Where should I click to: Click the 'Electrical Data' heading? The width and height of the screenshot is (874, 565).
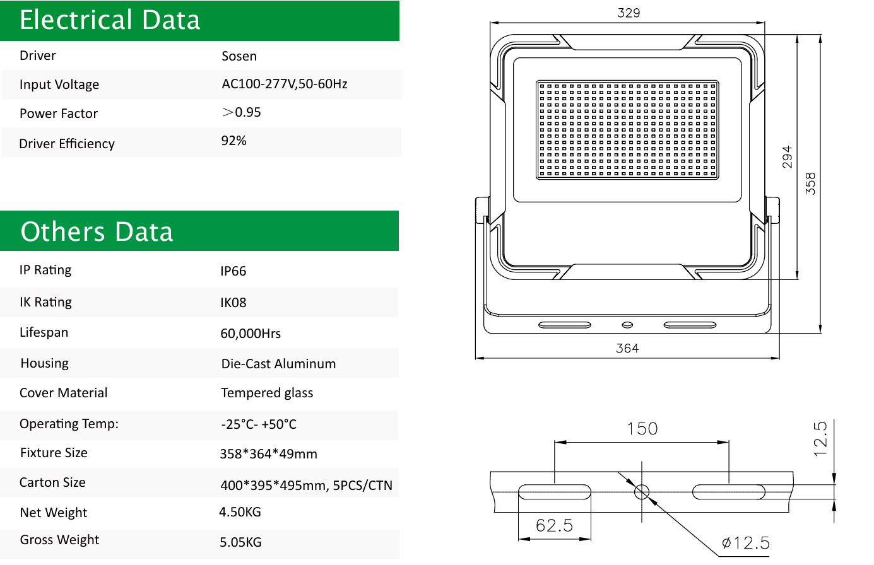coord(110,20)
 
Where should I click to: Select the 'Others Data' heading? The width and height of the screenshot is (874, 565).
coord(97,231)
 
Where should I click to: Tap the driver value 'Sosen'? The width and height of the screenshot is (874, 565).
coord(239,56)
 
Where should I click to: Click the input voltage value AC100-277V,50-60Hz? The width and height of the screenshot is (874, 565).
coord(285,84)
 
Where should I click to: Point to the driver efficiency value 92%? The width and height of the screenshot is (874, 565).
coord(233,141)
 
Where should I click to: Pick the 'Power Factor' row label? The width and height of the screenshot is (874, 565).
coord(59,114)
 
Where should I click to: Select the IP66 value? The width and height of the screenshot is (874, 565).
coord(233,271)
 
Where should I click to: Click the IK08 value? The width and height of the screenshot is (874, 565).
coord(233,303)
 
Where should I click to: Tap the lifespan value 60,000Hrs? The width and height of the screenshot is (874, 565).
coord(251,334)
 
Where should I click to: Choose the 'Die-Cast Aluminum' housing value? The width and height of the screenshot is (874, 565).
coord(278,364)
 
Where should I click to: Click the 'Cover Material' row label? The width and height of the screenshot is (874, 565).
coord(63,393)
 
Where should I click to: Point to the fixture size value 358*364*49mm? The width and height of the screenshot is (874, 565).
coord(268,454)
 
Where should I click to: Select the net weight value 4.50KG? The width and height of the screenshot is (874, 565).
coord(240,512)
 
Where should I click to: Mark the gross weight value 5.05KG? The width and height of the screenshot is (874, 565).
coord(240,542)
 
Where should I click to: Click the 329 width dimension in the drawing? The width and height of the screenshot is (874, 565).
coord(629,13)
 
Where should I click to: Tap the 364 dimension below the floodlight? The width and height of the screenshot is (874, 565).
coord(627,348)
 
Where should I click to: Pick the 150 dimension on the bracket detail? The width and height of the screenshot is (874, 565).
coord(642,429)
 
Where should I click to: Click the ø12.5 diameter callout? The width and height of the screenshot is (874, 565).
coord(745,543)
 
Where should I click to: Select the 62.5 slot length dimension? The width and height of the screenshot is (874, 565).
coord(555,526)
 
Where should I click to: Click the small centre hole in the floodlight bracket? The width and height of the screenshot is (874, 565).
coord(627,325)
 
